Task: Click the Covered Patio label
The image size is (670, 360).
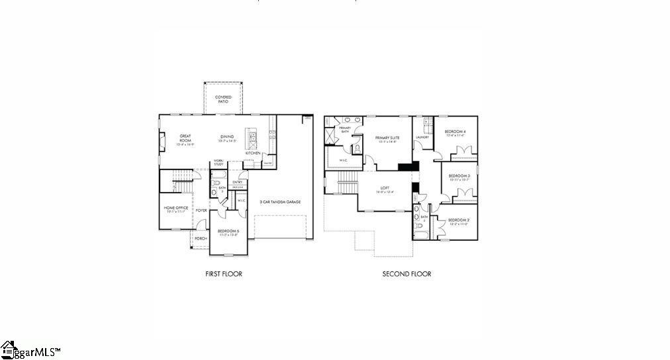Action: click(x=223, y=100)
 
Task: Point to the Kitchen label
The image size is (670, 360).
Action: click(x=253, y=153)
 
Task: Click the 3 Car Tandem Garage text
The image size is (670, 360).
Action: click(x=281, y=201)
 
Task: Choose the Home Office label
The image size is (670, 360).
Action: click(x=176, y=209)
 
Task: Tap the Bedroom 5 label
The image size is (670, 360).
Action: click(x=228, y=232)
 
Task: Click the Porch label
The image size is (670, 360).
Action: click(x=201, y=238)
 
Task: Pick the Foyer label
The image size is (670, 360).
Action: click(x=201, y=210)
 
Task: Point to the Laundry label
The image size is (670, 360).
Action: click(x=422, y=138)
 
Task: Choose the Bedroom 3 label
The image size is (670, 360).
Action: click(x=459, y=177)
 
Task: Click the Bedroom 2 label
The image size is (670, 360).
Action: click(x=458, y=222)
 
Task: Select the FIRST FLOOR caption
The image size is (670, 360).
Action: click(x=224, y=273)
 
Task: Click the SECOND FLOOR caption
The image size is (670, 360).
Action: click(x=407, y=273)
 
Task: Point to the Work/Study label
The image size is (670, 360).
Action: click(x=218, y=162)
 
